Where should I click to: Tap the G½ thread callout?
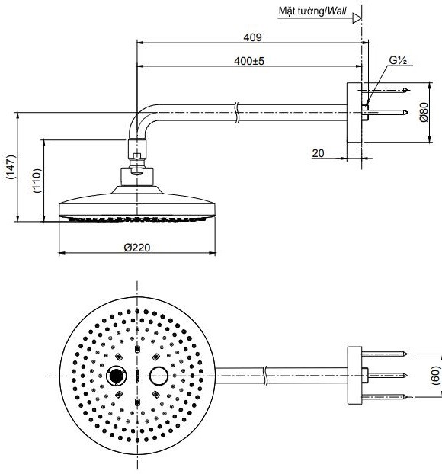click(397, 59)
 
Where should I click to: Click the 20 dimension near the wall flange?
click(318, 153)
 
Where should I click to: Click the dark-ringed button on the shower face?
click(117, 376)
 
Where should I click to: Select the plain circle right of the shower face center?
click(159, 376)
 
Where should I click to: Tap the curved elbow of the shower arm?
click(143, 122)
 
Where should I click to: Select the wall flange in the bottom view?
click(354, 375)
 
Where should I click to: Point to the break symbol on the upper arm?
click(239, 113)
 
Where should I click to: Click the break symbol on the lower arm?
click(264, 375)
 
